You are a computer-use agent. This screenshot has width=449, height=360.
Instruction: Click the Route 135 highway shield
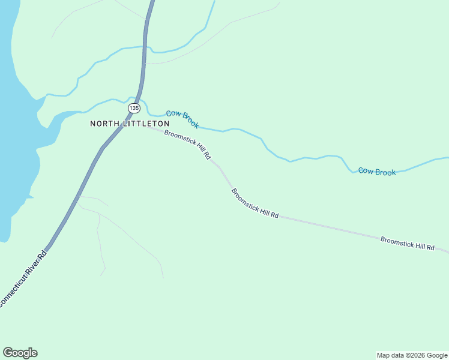(134, 108)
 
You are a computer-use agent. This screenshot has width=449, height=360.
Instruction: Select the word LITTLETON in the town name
(143, 124)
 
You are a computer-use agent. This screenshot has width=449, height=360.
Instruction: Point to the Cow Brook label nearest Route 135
(182, 119)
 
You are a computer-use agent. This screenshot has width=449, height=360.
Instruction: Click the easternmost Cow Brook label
(377, 172)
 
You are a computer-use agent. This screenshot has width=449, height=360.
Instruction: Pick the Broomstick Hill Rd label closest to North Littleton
(187, 145)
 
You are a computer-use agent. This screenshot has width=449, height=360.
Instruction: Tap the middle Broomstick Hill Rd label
(255, 203)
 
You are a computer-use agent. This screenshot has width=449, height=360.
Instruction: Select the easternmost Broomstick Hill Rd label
(407, 243)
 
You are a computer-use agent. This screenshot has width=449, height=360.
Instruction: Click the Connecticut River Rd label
(22, 280)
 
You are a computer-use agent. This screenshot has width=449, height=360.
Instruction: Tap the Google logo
(20, 353)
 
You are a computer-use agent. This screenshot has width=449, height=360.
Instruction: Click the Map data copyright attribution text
(412, 355)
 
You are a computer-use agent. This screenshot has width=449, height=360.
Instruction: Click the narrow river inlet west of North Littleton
(66, 114)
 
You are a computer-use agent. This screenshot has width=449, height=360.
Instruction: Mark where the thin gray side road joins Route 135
(78, 196)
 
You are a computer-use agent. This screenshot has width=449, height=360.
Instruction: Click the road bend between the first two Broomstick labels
(220, 169)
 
